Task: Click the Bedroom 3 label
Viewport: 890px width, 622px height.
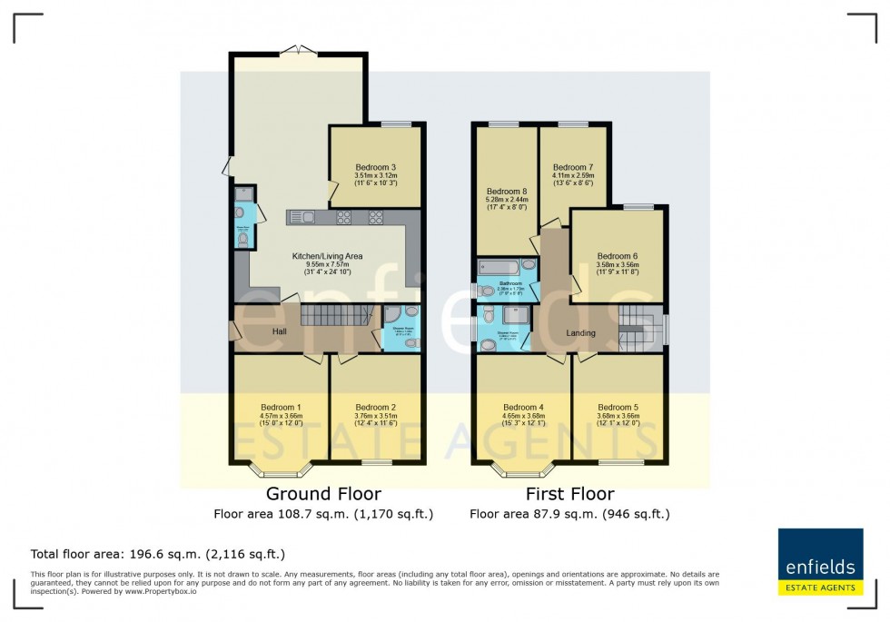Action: (375, 167)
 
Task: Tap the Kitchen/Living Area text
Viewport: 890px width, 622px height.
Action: (327, 257)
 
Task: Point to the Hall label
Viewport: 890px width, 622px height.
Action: (281, 332)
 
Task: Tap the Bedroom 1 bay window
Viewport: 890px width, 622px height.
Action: (281, 470)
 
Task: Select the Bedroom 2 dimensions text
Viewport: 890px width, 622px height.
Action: (375, 419)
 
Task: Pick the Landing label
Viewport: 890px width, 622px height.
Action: (580, 333)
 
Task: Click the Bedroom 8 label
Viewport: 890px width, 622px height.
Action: (506, 192)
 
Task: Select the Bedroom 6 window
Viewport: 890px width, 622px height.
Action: (638, 207)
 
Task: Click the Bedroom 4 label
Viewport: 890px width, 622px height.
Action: (523, 407)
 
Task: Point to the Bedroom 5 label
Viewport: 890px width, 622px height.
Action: (618, 407)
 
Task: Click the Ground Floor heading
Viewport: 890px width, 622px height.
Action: (323, 495)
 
